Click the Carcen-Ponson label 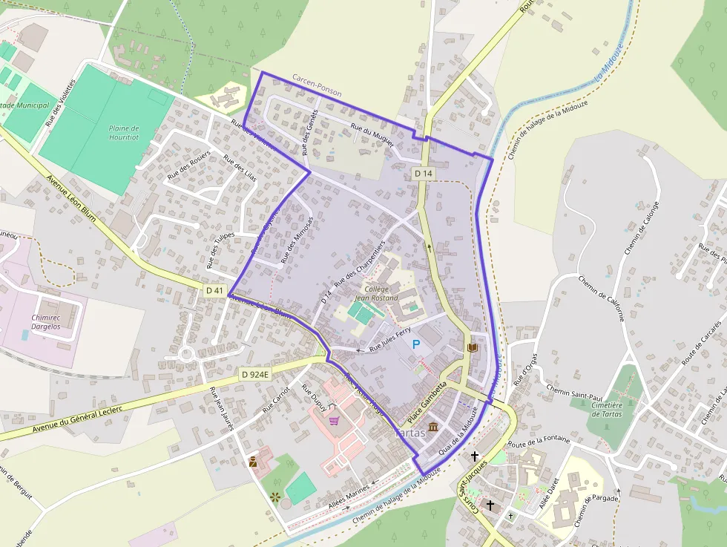(x=317, y=87)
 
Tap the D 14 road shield (x=423, y=173)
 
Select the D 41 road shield (x=214, y=290)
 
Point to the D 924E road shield (x=254, y=376)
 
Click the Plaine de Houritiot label (x=124, y=133)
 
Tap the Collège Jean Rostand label (x=381, y=293)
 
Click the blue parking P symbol (x=416, y=344)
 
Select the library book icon (x=472, y=347)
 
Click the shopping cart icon (x=334, y=420)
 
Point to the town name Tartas (x=409, y=432)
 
